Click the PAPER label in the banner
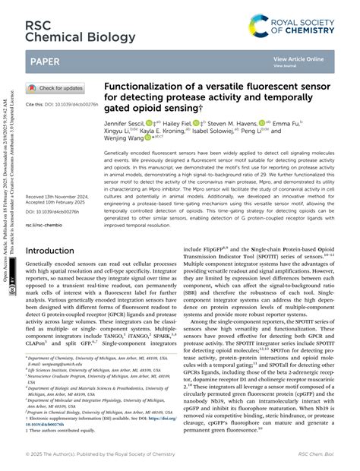[x=48, y=60]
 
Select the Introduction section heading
[x=55, y=250]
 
